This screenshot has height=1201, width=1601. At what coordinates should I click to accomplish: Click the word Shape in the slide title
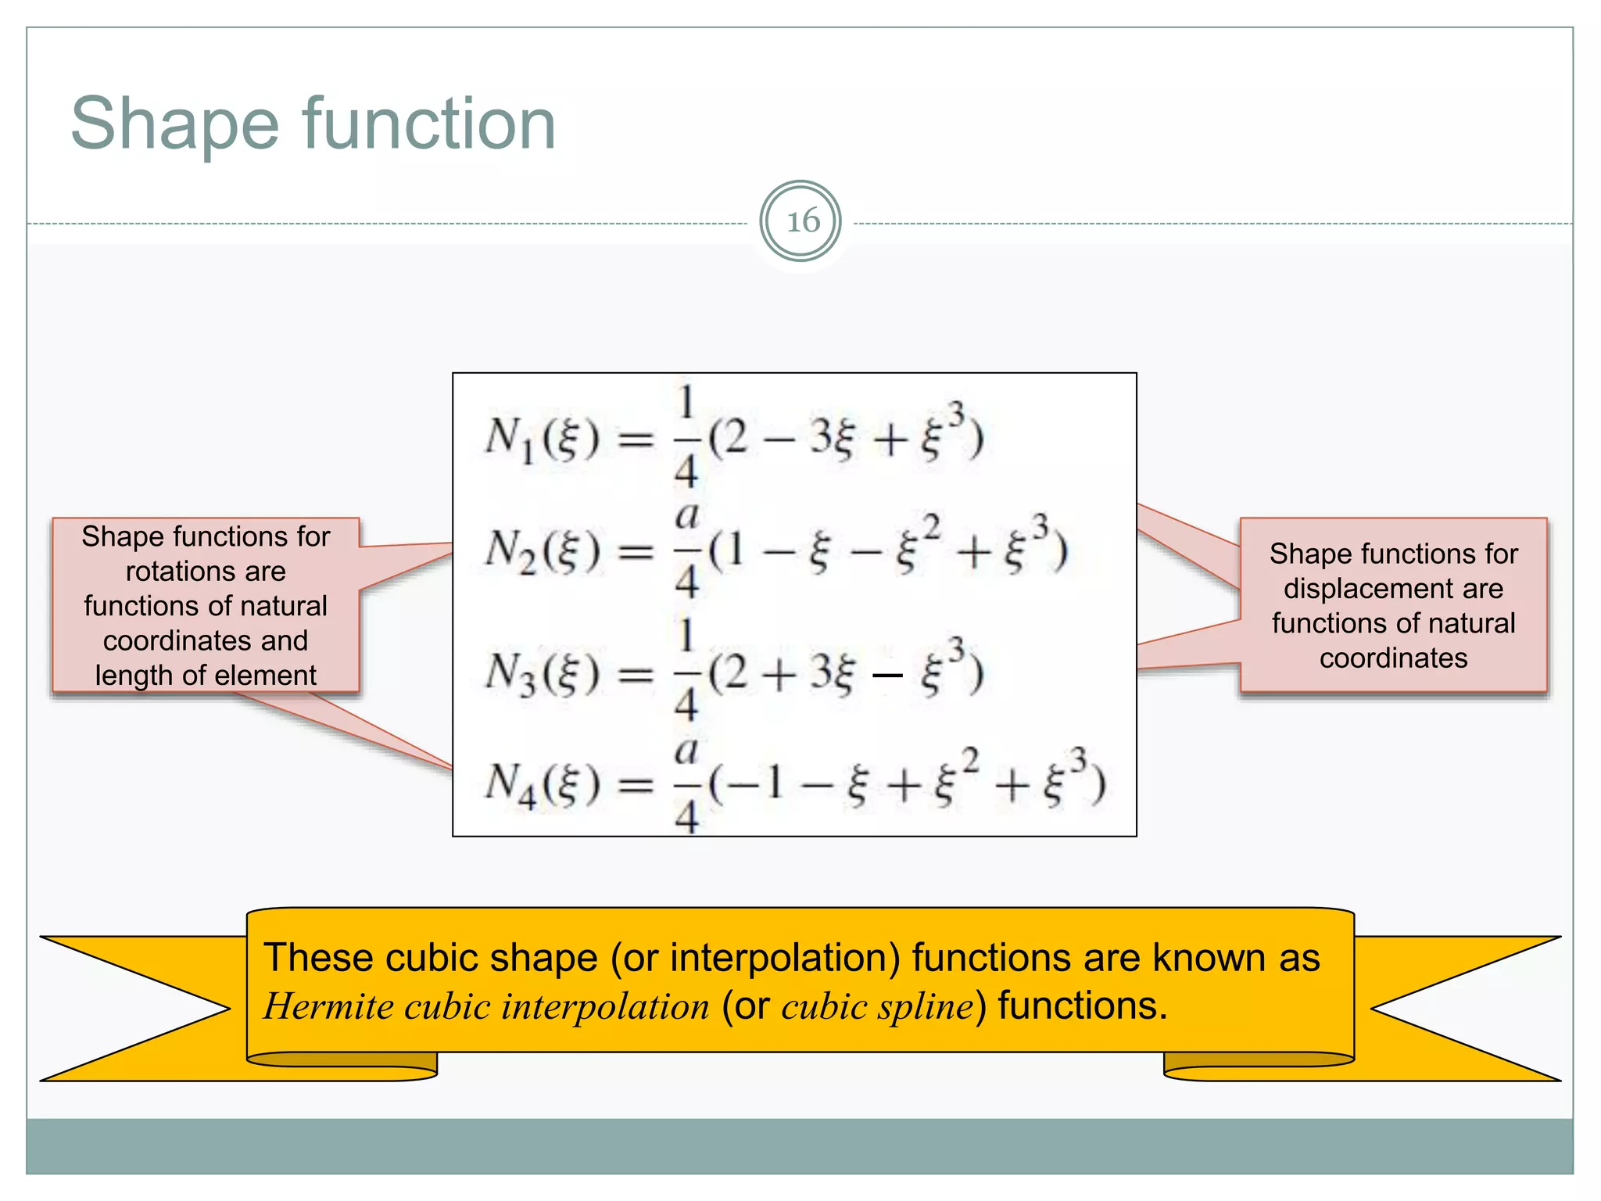click(x=174, y=124)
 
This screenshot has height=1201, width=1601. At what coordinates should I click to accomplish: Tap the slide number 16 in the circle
click(x=802, y=221)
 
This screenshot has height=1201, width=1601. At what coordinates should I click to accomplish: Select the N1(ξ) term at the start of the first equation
click(x=542, y=438)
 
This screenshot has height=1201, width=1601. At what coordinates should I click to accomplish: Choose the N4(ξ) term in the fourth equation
click(x=543, y=783)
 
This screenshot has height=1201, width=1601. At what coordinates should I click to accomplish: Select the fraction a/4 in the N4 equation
click(x=686, y=783)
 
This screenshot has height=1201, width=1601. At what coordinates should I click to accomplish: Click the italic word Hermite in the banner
click(x=328, y=1006)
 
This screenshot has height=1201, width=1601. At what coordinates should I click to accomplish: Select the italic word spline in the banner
click(x=926, y=1007)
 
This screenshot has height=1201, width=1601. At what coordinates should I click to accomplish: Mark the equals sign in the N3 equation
click(x=636, y=674)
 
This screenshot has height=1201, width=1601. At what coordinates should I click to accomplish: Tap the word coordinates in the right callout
click(x=1393, y=658)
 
